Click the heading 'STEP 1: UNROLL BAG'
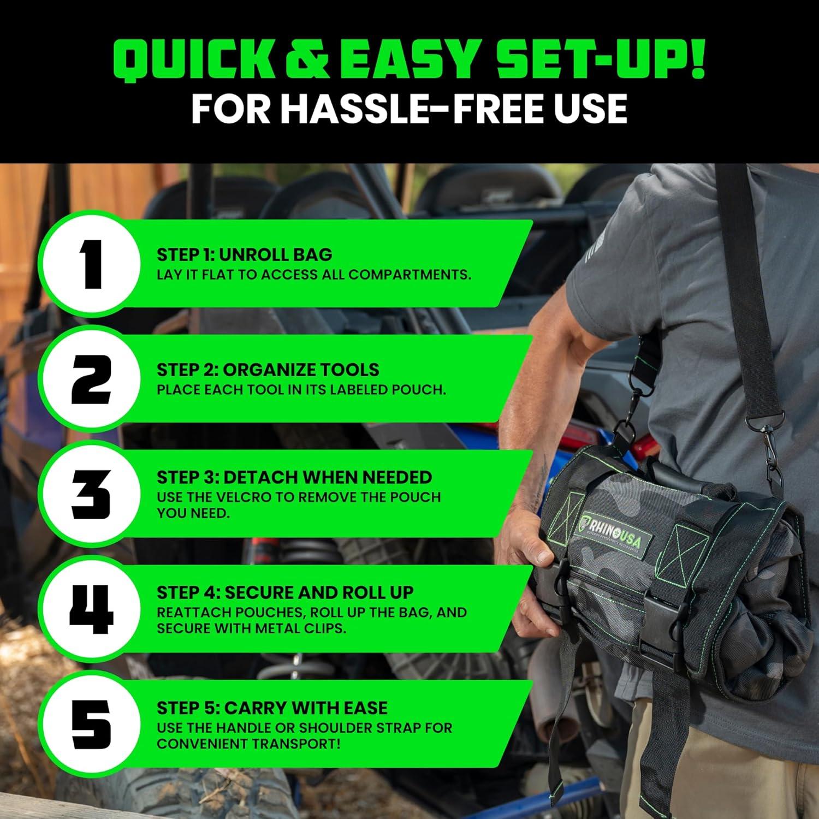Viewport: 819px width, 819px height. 244,254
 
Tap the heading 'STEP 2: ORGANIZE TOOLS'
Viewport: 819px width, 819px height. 268,370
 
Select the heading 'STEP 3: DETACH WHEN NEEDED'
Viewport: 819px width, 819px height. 294,477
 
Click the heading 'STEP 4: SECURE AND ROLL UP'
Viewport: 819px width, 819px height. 285,592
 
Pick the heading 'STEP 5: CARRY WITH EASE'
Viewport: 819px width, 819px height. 272,708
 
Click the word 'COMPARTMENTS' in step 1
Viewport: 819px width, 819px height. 409,275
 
